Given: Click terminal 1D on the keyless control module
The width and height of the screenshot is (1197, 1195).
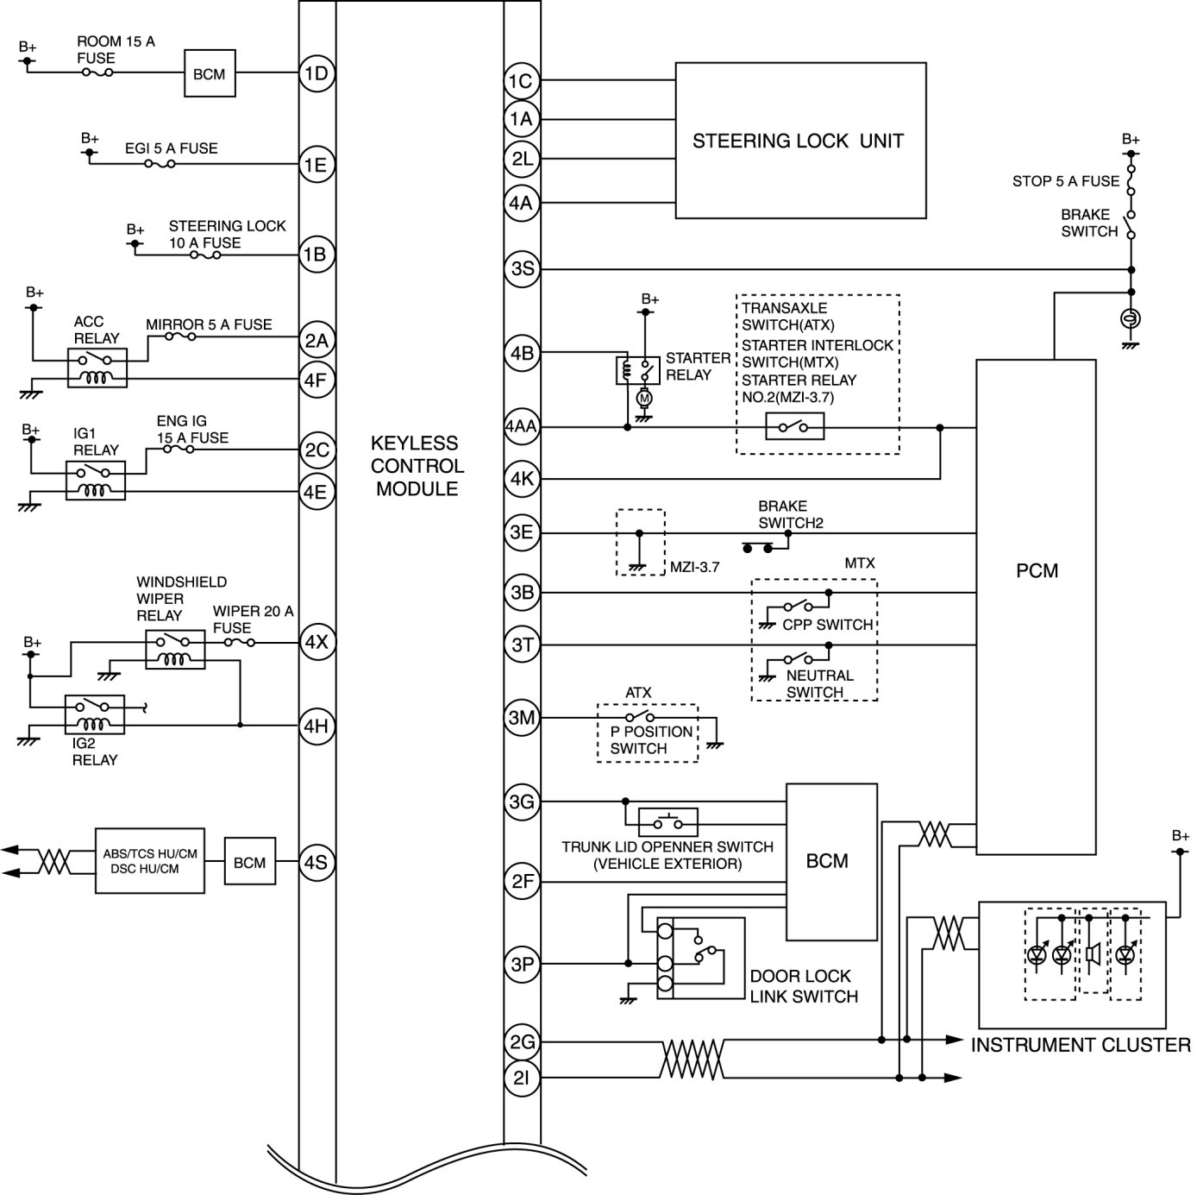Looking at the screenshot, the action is pos(316,73).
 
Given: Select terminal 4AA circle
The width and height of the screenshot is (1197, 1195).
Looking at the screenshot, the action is pos(521,426).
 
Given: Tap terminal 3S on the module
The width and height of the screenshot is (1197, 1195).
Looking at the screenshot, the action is pos(522,268).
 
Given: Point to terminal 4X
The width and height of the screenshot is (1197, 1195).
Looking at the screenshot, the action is pos(316,642).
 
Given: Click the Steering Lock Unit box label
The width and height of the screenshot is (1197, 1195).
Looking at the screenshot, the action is pos(799,142).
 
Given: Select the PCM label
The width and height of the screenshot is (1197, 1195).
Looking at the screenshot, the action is pos(1037,571).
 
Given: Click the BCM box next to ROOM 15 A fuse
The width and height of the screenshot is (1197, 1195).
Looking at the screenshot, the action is pos(210,73).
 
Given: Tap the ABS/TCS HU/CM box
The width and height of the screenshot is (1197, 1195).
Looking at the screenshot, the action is pos(150,861).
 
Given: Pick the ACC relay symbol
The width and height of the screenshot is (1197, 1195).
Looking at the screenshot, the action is pos(97,368).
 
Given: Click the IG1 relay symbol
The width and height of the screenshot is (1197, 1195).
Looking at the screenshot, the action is pos(95,481).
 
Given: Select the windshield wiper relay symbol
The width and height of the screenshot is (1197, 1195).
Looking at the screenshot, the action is pos(175,650).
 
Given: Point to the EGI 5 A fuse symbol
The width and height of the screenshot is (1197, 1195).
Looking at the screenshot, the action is pos(160,164).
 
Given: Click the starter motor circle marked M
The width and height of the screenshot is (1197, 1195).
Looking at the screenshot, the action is pos(645,398).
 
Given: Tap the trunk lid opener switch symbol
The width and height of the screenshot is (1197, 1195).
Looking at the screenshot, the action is pos(667,822).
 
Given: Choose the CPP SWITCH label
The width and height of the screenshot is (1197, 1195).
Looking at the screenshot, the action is pos(827,624).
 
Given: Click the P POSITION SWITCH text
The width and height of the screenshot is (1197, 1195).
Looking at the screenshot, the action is pos(650,740).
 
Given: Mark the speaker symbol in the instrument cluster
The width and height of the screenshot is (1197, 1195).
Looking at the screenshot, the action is pos(1094,953).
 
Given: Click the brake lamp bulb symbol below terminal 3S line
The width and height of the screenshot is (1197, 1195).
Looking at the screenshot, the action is pos(1131,319).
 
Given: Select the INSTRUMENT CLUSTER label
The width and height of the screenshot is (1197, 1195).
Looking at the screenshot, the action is pos(1081,1045).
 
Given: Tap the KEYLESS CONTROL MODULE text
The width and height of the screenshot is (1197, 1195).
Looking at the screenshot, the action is pos(417,466).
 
